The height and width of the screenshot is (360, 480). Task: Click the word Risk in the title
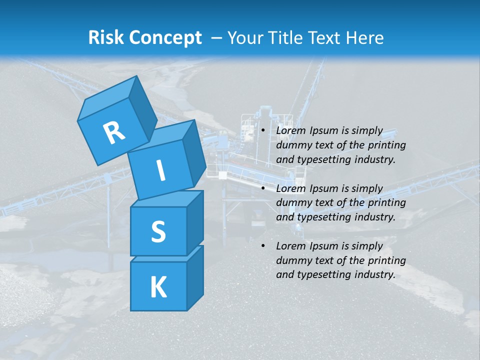pyautogui.click(x=106, y=38)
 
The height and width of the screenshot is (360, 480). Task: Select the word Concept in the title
pyautogui.click(x=165, y=38)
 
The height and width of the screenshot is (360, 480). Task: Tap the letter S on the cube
pyautogui.click(x=158, y=231)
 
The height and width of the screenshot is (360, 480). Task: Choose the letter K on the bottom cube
pyautogui.click(x=158, y=287)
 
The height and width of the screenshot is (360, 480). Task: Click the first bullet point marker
pyautogui.click(x=263, y=131)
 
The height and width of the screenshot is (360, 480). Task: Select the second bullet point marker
pyautogui.click(x=263, y=188)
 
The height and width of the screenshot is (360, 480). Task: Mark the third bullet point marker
pyautogui.click(x=263, y=246)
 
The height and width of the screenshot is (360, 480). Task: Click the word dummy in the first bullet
pyautogui.click(x=293, y=145)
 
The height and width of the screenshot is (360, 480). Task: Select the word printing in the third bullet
pyautogui.click(x=386, y=260)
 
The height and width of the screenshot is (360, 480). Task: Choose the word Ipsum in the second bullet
pyautogui.click(x=324, y=188)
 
